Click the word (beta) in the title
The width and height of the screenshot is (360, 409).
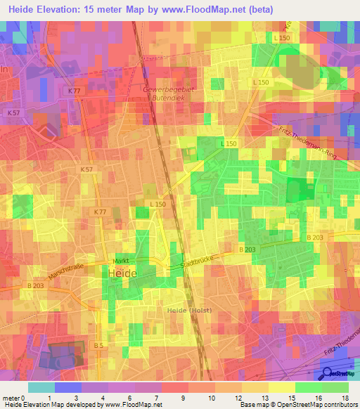(x=257, y=9)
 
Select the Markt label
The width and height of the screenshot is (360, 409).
(x=119, y=260)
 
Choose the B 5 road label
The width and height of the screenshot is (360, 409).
(x=99, y=345)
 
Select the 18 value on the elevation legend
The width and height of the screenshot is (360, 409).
(x=345, y=397)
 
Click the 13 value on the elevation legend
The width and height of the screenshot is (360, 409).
(x=265, y=397)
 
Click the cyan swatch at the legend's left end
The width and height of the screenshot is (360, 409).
(x=41, y=387)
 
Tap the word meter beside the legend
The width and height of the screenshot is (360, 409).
(x=11, y=397)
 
